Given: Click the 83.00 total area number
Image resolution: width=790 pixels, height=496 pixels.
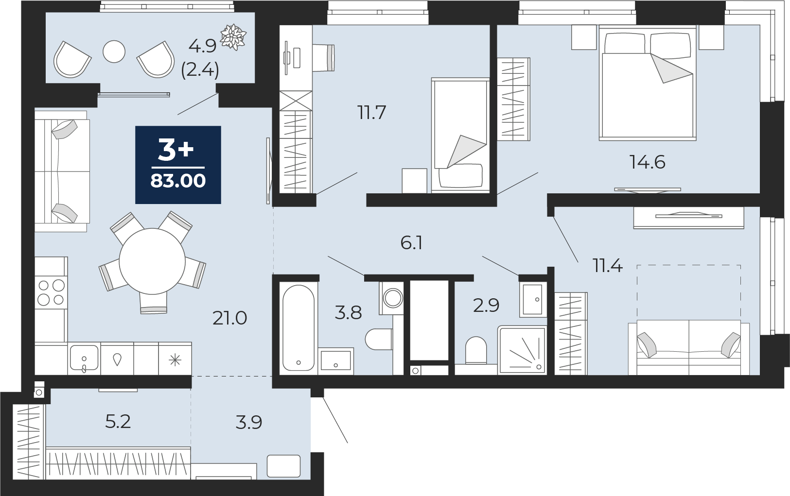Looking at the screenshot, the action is [x=178, y=181].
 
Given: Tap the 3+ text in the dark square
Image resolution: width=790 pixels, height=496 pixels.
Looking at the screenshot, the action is [x=176, y=150].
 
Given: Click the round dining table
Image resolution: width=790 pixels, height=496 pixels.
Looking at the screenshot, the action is [x=152, y=261].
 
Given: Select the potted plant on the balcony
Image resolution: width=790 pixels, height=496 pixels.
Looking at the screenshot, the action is [x=233, y=36].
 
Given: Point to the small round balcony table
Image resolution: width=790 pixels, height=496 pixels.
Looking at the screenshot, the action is [x=114, y=51].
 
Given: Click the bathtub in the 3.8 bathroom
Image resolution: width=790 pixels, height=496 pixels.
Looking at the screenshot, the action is [x=298, y=327].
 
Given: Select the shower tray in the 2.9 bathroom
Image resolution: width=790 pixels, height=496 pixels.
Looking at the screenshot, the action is [x=522, y=350].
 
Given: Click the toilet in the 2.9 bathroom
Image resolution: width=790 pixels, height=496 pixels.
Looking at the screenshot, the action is [x=476, y=350].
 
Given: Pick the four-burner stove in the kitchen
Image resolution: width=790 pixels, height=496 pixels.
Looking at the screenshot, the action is [x=51, y=292].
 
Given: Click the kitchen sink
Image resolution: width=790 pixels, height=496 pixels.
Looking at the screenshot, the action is [x=84, y=358].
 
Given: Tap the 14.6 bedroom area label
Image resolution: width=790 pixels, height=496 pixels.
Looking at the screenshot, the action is [x=648, y=163].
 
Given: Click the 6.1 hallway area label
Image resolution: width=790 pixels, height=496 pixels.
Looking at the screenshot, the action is [x=412, y=243].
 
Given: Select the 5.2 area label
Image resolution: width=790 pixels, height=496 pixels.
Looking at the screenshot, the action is [x=118, y=421].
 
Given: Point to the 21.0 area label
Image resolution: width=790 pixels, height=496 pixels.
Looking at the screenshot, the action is [x=229, y=318].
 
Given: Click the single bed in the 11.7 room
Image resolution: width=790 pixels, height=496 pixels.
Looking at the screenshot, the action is [x=460, y=136].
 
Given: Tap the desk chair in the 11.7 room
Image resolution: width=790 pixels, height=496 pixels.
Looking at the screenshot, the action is [x=323, y=57].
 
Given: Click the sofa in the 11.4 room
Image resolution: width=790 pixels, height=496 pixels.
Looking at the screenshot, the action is [x=689, y=347].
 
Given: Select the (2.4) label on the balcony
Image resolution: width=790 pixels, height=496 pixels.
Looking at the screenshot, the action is [x=200, y=70].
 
